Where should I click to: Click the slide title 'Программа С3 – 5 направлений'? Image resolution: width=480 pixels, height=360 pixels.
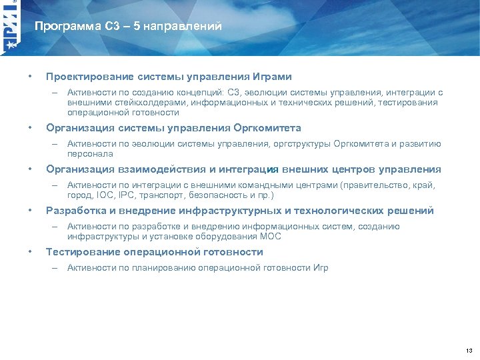tap(128, 27)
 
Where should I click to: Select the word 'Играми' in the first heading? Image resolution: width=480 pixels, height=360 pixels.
tap(272, 77)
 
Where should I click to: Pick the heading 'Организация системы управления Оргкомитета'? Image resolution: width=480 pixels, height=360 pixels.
tap(173, 127)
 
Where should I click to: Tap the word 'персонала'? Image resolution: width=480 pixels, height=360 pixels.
tap(85, 153)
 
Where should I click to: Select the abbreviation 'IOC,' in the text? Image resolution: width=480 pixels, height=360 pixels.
tap(105, 195)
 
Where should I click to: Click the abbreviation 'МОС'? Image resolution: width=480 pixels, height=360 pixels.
tap(270, 237)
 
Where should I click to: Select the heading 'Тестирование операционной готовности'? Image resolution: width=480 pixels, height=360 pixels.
tap(154, 252)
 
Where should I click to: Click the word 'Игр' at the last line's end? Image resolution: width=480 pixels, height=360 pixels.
tap(320, 268)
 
